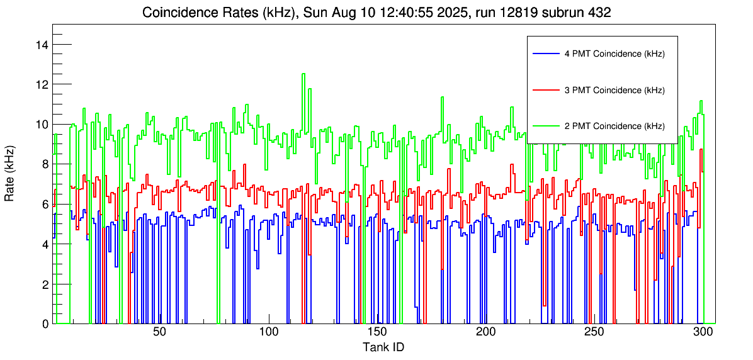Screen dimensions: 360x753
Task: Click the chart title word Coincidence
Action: (174, 12)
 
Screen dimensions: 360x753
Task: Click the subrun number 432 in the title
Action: (598, 12)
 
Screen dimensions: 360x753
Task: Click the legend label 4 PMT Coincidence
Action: (614, 54)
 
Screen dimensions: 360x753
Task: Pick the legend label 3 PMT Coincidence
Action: (614, 90)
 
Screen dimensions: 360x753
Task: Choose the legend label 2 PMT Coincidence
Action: (614, 126)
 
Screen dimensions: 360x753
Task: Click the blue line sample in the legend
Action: (546, 54)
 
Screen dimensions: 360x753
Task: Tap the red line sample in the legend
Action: (546, 90)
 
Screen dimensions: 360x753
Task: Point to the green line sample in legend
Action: (546, 126)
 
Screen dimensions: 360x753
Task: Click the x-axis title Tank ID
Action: (383, 347)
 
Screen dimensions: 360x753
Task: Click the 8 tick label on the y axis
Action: (45, 164)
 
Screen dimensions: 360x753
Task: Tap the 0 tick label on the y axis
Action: (45, 324)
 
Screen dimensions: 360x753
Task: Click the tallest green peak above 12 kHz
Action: (303, 74)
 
